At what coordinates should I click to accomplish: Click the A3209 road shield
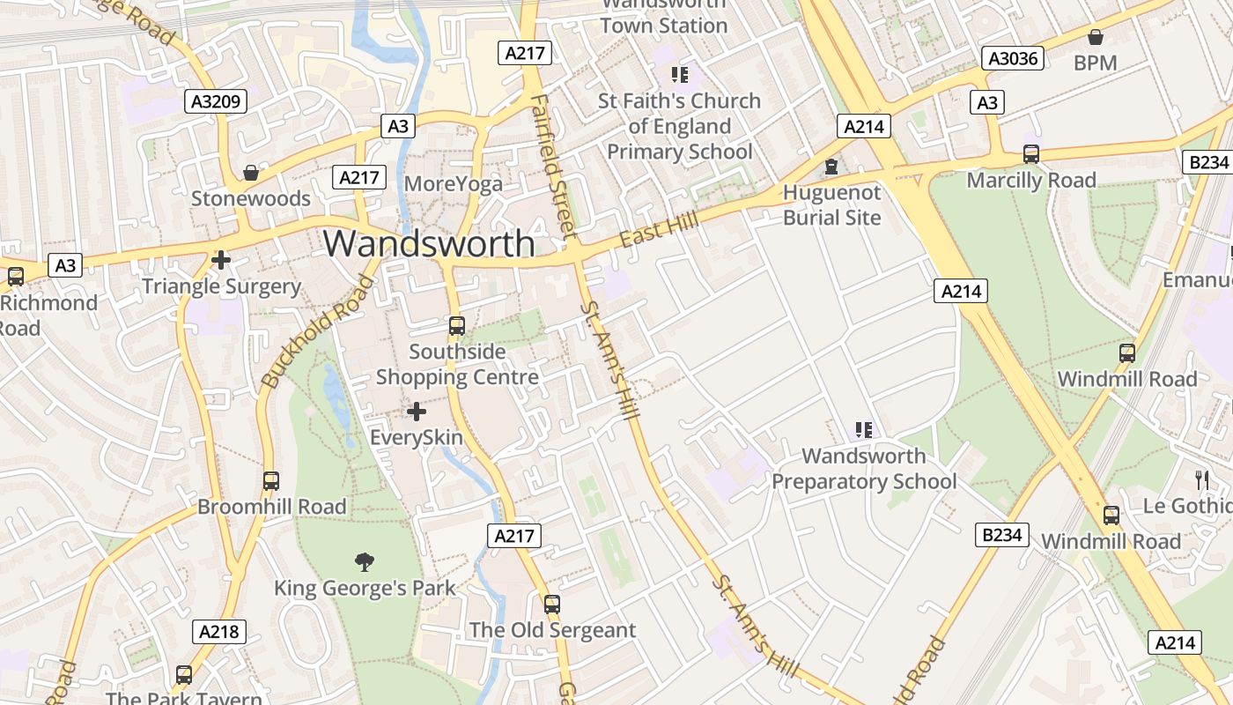216,101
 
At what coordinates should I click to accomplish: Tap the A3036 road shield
1013,59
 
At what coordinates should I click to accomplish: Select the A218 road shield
218,631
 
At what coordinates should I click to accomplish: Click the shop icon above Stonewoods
251,173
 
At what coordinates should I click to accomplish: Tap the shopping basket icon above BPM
1096,37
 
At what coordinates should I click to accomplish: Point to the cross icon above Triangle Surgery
221,260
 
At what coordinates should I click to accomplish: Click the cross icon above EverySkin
417,412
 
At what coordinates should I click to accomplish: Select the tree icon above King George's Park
364,562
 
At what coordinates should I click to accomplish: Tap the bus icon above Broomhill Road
271,481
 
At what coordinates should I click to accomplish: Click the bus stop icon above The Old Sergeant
552,605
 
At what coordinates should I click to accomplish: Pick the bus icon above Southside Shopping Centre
456,326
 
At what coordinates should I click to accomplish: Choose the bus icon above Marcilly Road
1031,154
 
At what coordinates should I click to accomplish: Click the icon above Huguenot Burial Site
831,167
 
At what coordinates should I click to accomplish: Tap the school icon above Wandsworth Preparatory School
864,430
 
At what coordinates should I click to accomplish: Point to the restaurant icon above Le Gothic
1202,480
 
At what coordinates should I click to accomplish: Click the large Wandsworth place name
430,243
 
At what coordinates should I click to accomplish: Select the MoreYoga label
454,184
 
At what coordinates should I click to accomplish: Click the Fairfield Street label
554,166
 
